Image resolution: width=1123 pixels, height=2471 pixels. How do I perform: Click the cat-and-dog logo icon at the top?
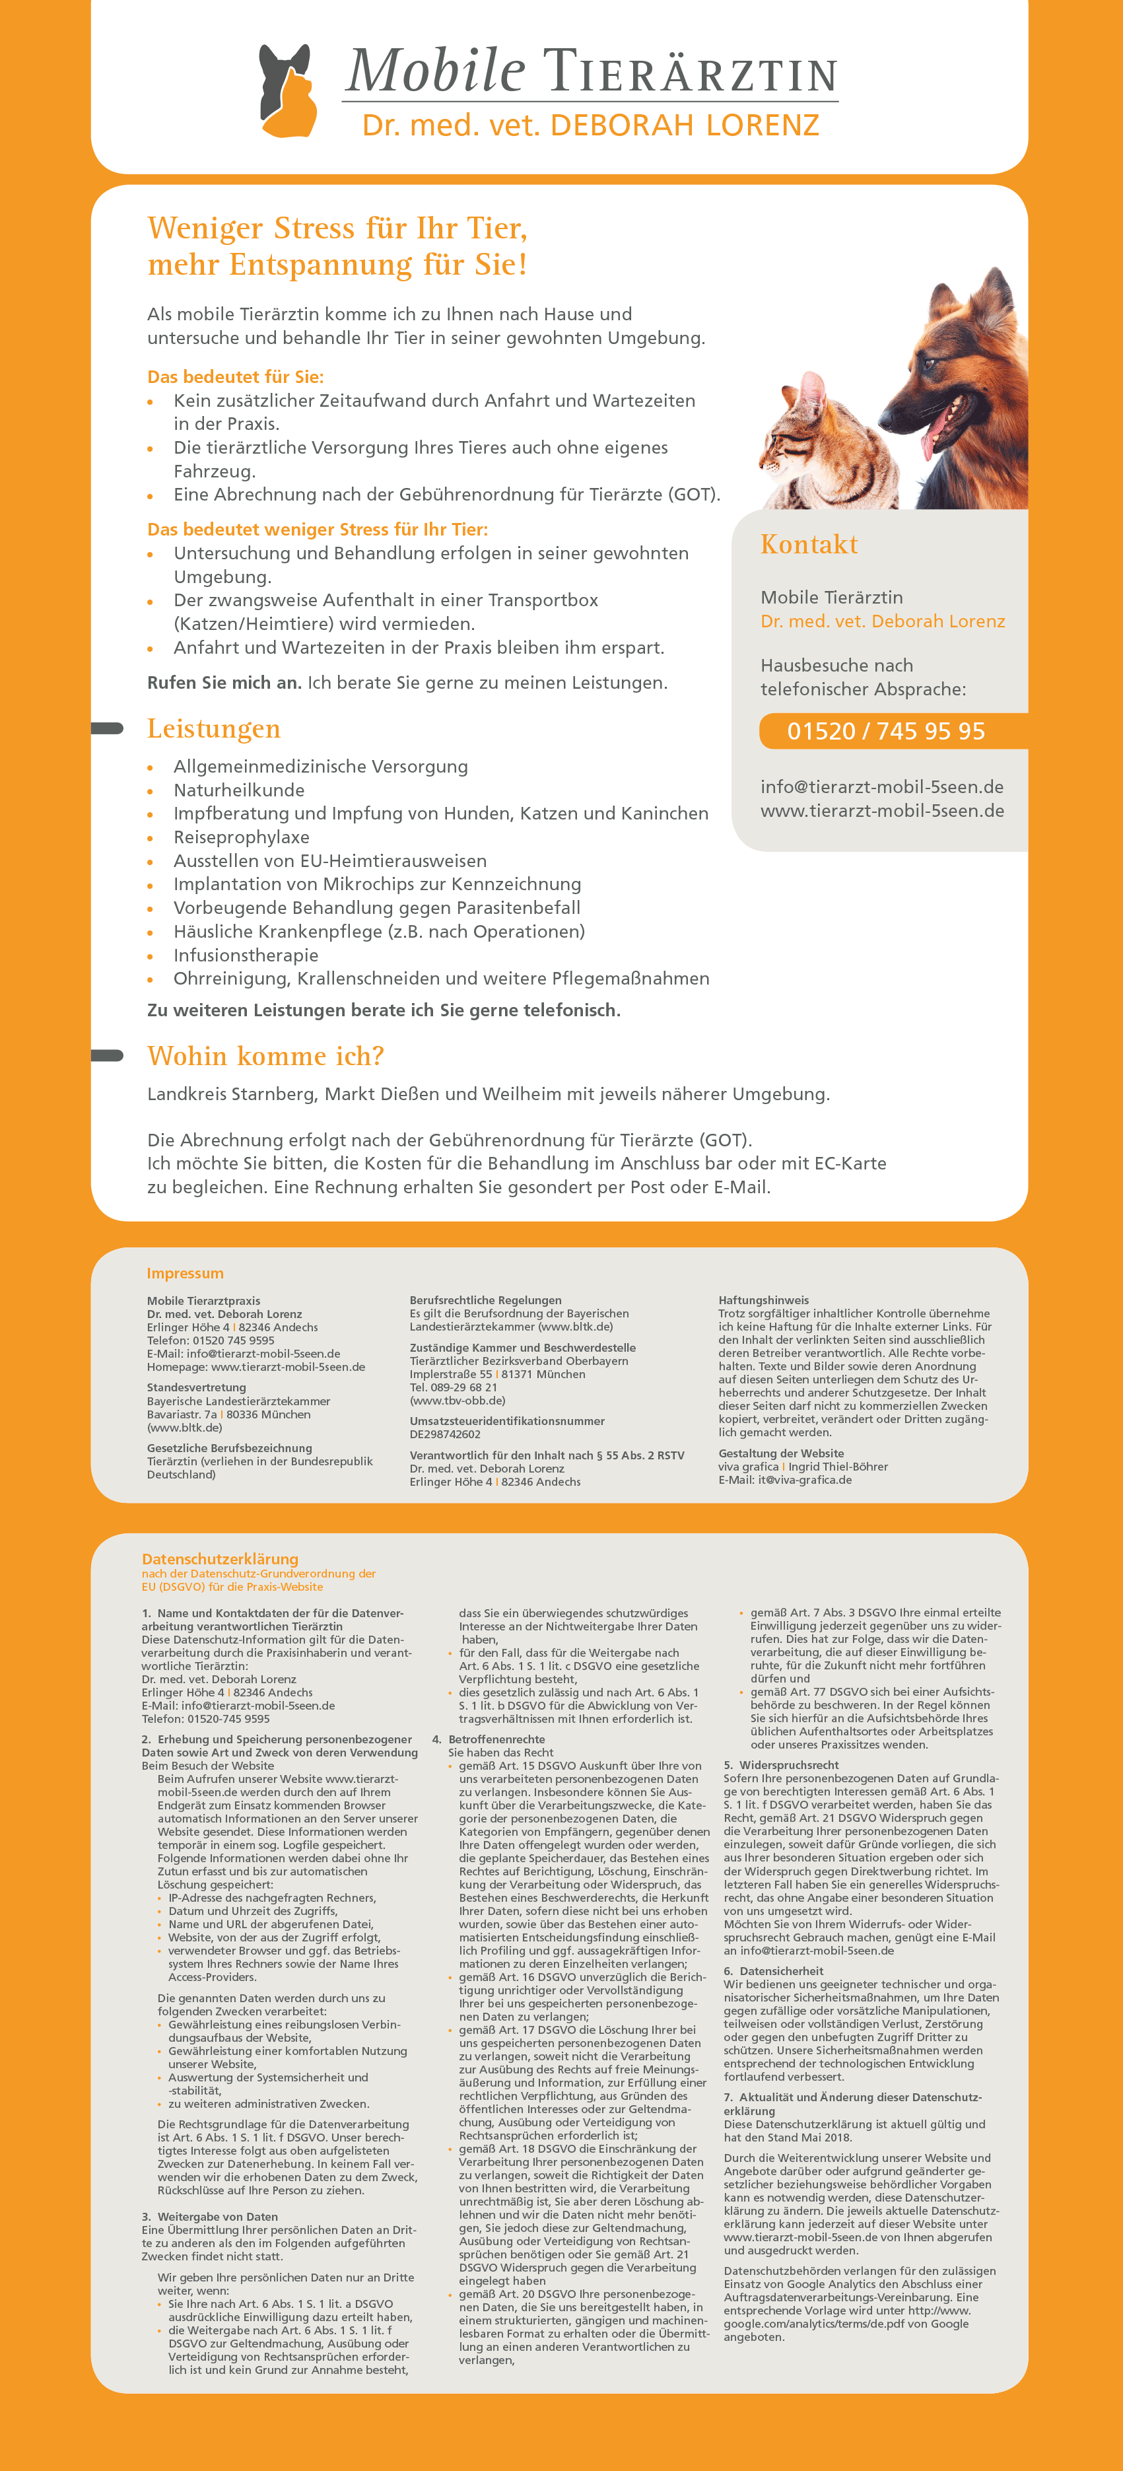pos(288,91)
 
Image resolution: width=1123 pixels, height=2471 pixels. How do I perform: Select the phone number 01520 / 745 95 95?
pos(885,731)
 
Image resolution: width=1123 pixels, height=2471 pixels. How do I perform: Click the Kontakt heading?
pos(809,545)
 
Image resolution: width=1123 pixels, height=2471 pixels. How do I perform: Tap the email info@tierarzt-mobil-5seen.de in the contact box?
pos(881,786)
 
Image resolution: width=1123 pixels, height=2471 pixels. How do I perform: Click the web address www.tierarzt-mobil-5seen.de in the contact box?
pos(881,810)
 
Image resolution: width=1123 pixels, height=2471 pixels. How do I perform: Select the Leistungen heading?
pos(214,729)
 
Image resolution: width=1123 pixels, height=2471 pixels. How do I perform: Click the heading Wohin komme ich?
pos(265,1056)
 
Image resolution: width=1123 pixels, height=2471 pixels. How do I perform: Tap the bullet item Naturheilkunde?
pos(239,790)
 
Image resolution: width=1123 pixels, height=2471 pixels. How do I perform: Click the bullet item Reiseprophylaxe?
pos(241,837)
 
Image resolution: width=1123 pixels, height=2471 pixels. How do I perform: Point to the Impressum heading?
pos(185,1273)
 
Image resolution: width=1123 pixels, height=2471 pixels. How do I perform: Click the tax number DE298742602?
pos(445,1434)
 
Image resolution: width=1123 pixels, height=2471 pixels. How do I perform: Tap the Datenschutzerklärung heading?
pos(220,1559)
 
